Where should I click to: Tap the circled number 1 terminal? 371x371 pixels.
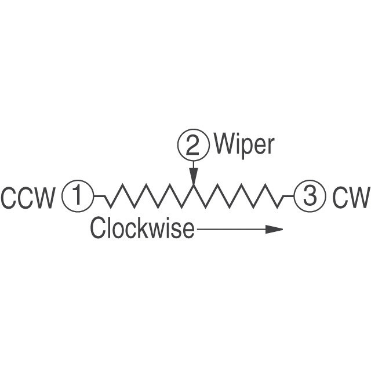[x=77, y=196]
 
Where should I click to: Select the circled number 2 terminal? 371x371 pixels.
[x=193, y=145]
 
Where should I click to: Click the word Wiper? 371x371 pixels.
[x=243, y=145]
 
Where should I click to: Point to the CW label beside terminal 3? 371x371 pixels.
[x=351, y=198]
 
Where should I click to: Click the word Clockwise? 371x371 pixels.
[x=142, y=228]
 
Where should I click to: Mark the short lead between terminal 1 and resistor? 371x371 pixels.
[x=99, y=197]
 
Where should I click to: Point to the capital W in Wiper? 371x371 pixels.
[x=224, y=144]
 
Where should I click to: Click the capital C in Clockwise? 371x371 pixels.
[x=97, y=228]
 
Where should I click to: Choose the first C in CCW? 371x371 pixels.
[x=9, y=198]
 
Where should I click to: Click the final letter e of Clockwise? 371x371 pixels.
[x=188, y=230]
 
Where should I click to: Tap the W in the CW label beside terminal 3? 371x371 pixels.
[x=358, y=198]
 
